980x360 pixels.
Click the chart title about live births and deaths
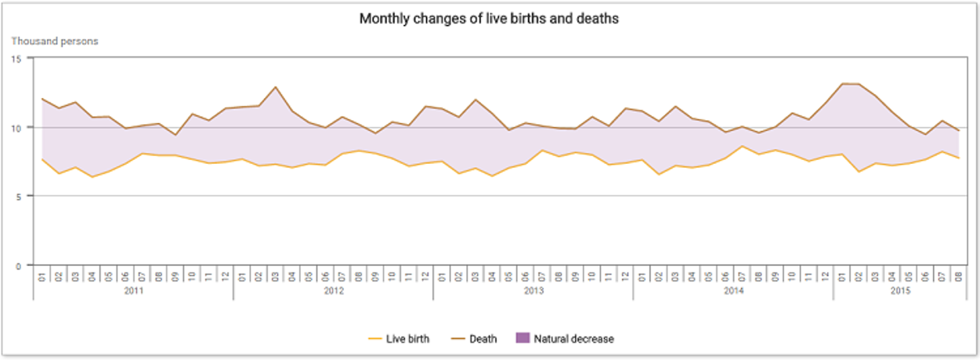tap(489, 19)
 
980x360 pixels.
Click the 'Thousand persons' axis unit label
tap(55, 41)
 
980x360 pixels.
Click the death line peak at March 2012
tap(275, 87)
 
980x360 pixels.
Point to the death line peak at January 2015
tap(842, 84)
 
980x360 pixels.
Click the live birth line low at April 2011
tap(92, 176)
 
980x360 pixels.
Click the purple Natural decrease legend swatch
tap(521, 338)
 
